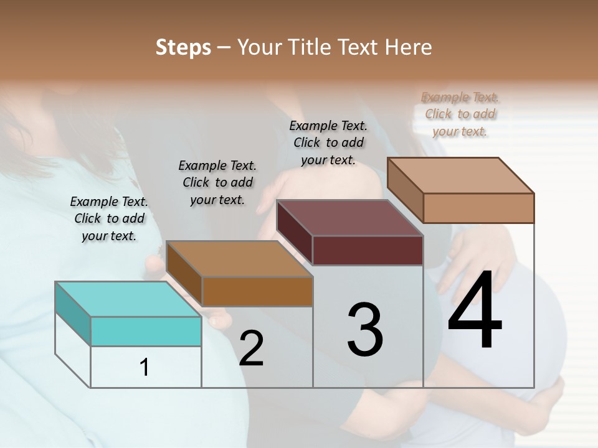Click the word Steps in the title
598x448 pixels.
pyautogui.click(x=183, y=47)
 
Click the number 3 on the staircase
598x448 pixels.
pyautogui.click(x=365, y=330)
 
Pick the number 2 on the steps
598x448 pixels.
pyautogui.click(x=251, y=348)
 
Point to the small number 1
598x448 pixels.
pyautogui.click(x=145, y=367)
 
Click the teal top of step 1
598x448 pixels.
pyautogui.click(x=128, y=299)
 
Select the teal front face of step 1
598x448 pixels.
pyautogui.click(x=146, y=331)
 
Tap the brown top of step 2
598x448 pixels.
pyautogui.click(x=239, y=259)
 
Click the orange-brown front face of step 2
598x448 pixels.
pyautogui.click(x=257, y=291)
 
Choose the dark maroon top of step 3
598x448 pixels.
pyautogui.click(x=349, y=218)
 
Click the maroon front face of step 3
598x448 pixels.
pyautogui.click(x=368, y=250)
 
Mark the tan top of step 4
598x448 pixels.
pyautogui.click(x=460, y=175)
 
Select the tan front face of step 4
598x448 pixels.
pyautogui.click(x=478, y=208)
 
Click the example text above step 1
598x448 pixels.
pyautogui.click(x=109, y=218)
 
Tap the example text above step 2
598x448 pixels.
pyautogui.click(x=217, y=182)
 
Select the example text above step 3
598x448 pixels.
pyautogui.click(x=328, y=142)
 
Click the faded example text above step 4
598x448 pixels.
pyautogui.click(x=460, y=114)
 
